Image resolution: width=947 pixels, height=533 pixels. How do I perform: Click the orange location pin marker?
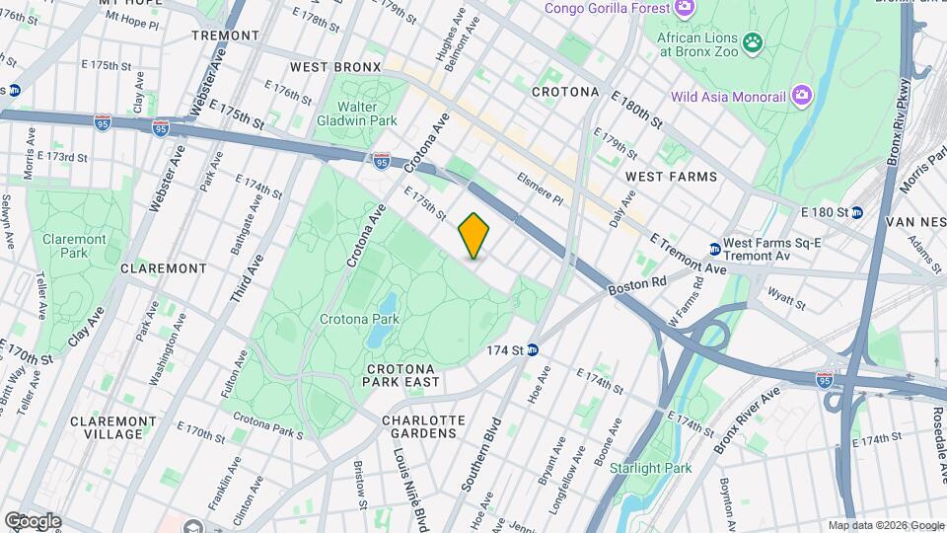coord(474,236)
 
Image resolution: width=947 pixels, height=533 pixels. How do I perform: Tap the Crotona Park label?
coord(359,319)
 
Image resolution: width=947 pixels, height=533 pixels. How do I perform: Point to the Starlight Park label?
coord(651,467)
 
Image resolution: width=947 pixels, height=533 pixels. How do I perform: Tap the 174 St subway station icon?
coord(533,349)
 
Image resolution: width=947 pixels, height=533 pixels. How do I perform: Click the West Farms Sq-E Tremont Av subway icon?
coord(714,249)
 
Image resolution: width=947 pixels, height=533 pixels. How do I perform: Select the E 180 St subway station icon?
coord(857,212)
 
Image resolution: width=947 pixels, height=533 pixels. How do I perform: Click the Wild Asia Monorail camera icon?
coord(803,96)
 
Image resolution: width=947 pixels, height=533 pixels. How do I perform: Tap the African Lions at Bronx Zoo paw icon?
coord(754,41)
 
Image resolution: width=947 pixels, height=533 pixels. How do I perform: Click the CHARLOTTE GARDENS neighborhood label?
coord(423,426)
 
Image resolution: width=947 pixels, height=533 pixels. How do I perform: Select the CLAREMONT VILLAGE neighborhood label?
coord(106,427)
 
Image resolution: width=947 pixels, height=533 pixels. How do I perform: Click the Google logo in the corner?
coord(33,520)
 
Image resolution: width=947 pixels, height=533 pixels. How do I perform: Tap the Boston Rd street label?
coord(630,286)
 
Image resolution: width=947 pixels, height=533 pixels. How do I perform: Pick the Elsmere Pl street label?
coord(540,189)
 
